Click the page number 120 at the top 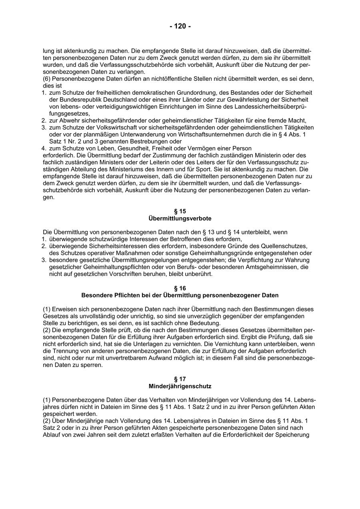(x=180, y=26)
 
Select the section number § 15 (x=180, y=211)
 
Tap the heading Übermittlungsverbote (x=180, y=219)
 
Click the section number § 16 (x=180, y=288)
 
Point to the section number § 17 (x=180, y=379)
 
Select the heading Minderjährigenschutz (x=180, y=386)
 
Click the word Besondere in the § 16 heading (x=96, y=295)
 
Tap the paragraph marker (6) (x=47, y=79)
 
